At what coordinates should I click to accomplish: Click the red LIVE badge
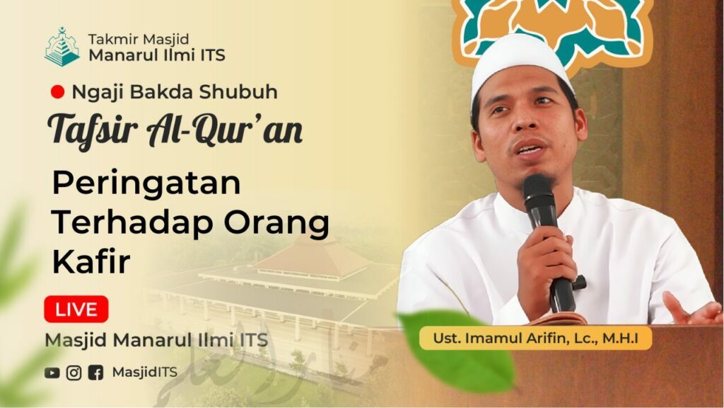click(76, 309)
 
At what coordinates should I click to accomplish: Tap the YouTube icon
click(52, 373)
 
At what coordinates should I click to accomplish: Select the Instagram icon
click(74, 373)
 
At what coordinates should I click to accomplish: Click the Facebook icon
click(95, 373)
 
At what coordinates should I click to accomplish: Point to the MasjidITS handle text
click(144, 373)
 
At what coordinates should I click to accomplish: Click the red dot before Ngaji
click(57, 92)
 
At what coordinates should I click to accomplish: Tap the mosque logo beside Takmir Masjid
click(62, 47)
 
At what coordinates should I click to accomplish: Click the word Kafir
click(91, 261)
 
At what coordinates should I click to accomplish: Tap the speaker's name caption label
click(536, 338)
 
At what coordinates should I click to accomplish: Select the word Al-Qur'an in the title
click(224, 130)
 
